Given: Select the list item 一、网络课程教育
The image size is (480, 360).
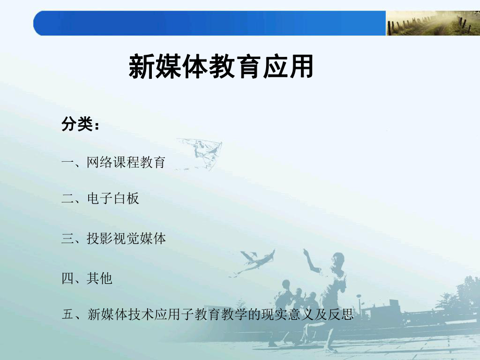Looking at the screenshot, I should (113, 162).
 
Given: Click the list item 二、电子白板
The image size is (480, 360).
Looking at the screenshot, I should (100, 198).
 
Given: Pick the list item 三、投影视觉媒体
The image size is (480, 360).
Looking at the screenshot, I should (113, 238).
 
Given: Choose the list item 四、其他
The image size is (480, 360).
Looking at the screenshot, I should (87, 278).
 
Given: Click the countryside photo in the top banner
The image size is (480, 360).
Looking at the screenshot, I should (433, 23).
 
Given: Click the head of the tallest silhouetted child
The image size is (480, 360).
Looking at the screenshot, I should (337, 259).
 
